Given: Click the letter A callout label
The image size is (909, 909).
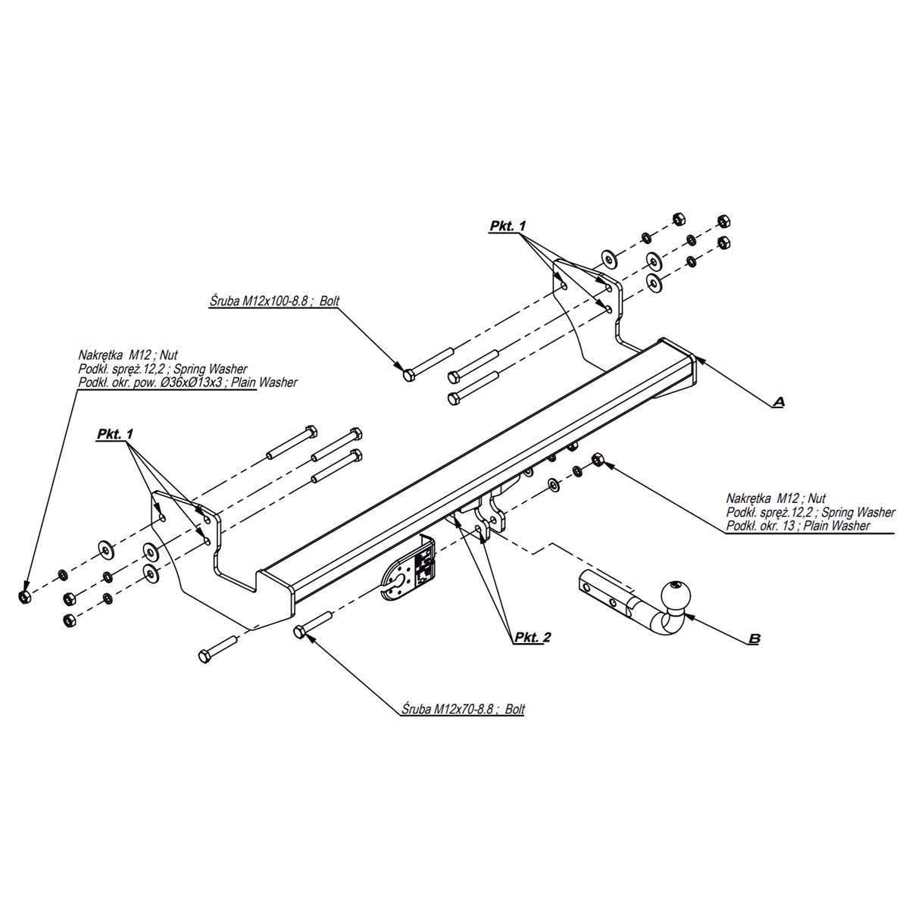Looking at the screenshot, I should point(778,401).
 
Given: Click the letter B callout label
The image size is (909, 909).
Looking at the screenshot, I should point(754,639).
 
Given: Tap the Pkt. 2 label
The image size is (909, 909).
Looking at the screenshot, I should point(532,638).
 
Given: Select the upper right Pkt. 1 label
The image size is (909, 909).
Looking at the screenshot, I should point(507,226).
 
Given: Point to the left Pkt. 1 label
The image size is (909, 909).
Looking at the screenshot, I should point(114,434).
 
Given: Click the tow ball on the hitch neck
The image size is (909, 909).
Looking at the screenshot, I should point(673,594).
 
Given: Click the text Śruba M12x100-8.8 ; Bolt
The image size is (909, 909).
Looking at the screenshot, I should point(275,301).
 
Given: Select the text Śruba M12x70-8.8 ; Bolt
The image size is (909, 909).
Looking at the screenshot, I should point(461,710).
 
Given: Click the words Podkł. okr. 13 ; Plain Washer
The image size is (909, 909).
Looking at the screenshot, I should point(798,526).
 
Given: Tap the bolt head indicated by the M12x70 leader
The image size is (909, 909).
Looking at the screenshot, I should point(298,631).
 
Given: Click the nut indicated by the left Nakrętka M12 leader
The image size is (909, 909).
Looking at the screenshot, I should point(24,596).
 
